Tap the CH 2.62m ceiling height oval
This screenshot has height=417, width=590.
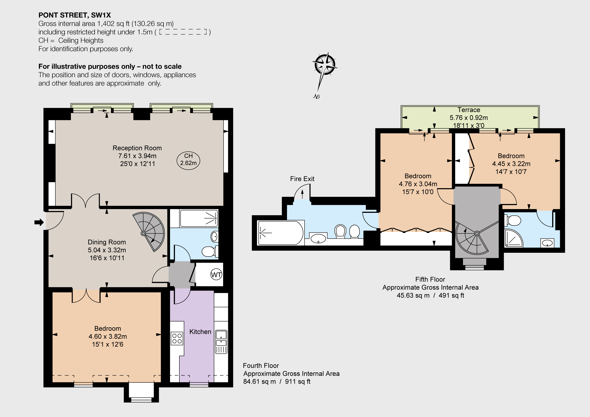click(x=188, y=160)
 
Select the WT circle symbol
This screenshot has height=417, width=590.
click(x=216, y=274)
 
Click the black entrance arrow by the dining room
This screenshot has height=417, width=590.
click(x=39, y=222)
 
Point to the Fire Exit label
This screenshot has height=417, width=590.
click(x=302, y=179)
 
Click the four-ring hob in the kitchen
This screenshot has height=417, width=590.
click(x=177, y=338)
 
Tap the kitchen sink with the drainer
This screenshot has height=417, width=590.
click(x=221, y=342)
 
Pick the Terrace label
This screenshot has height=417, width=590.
click(x=469, y=110)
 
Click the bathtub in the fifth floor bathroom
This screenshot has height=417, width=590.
click(x=281, y=233)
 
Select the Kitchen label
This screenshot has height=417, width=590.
click(x=200, y=332)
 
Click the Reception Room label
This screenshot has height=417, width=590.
click(x=137, y=148)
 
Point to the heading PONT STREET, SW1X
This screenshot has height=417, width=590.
click(x=75, y=15)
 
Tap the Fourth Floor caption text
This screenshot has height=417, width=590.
click(x=261, y=366)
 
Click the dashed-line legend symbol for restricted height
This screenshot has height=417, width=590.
click(x=183, y=32)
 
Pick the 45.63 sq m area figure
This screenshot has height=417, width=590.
click(x=413, y=295)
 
